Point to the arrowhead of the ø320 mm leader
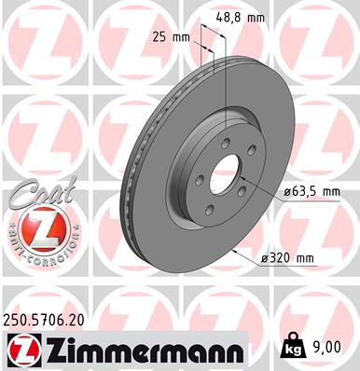(x=231, y=249)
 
